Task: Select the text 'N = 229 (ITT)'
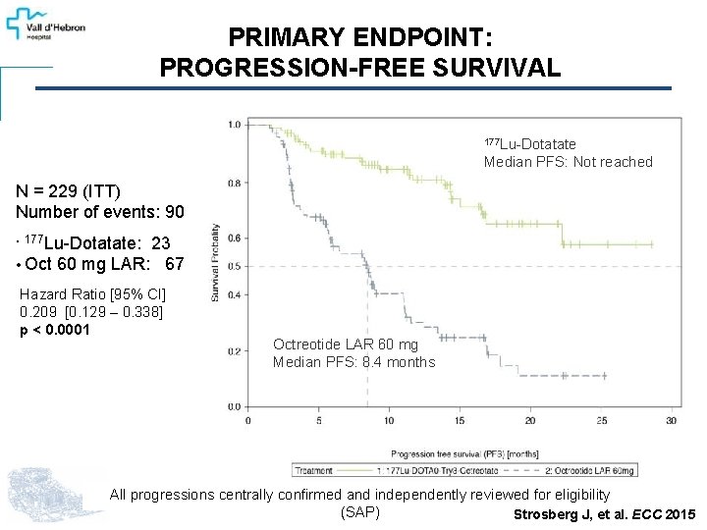68,192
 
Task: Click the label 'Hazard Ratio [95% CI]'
93,294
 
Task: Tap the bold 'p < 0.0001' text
55,330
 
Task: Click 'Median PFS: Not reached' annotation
568,162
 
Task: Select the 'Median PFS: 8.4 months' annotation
353,362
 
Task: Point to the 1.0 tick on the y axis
234,125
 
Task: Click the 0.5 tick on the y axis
234,266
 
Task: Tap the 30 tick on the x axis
671,421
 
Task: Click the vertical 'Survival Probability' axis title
215,262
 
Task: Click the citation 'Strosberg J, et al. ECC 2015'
604,515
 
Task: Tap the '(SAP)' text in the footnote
359,512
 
